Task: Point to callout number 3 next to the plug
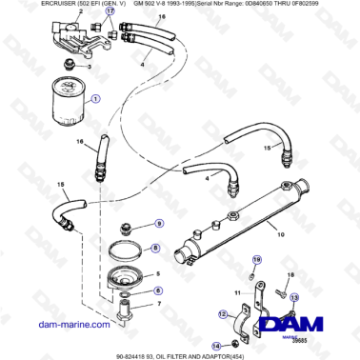point(90,66)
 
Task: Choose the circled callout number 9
point(159,224)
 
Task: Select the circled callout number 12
point(224,313)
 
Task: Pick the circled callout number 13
point(293,297)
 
